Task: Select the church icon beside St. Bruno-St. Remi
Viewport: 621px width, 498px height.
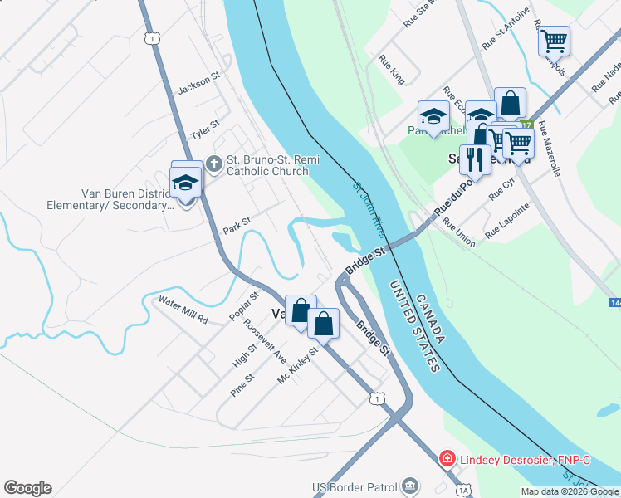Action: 213,162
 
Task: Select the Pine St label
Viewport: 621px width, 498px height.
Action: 242,384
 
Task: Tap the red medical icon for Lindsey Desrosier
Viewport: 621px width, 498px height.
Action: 447,458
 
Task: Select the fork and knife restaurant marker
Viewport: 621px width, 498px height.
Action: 474,158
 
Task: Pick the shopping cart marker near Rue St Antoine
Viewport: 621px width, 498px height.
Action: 553,39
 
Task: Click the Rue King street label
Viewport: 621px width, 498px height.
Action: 391,70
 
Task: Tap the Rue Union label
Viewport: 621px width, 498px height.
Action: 459,232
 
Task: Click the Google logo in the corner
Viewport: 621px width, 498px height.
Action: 27,488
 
